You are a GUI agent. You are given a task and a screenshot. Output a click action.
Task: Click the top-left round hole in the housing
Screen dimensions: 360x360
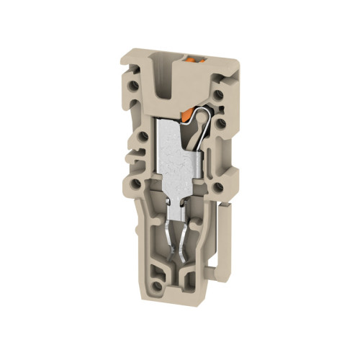[140, 94]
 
